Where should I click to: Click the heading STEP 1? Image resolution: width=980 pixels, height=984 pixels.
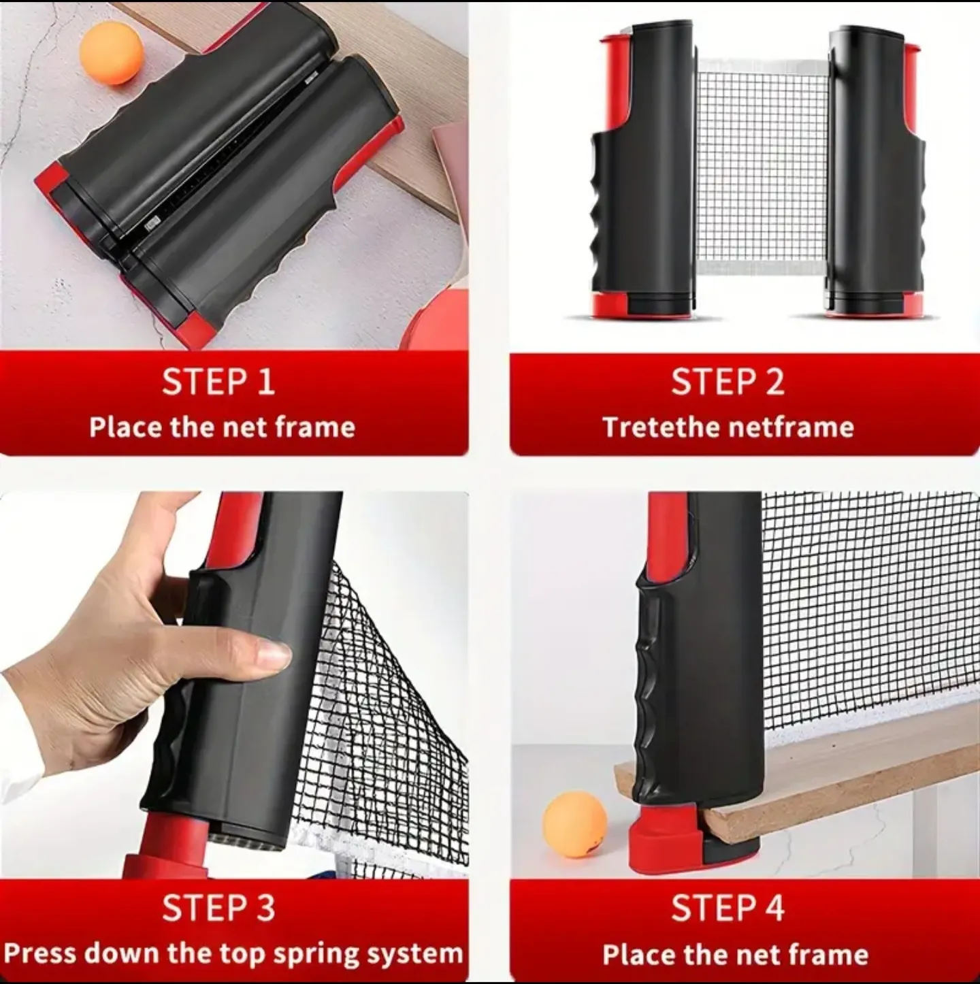pyautogui.click(x=218, y=381)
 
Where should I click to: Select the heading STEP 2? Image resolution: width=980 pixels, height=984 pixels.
pyautogui.click(x=728, y=381)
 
